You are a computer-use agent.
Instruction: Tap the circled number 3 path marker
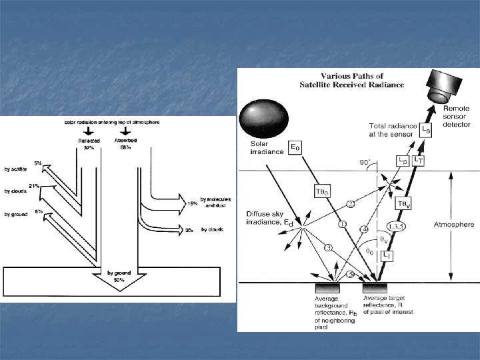[328, 248]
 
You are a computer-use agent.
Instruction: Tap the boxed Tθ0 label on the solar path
[321, 191]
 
